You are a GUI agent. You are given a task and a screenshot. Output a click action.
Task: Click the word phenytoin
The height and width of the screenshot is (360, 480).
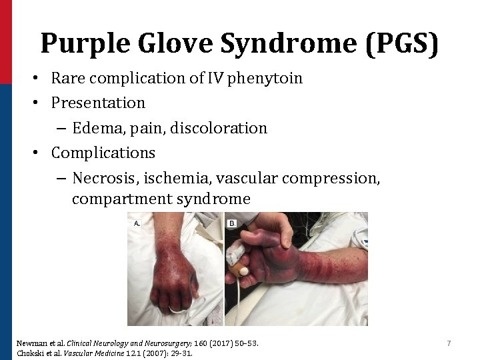[x=265, y=79]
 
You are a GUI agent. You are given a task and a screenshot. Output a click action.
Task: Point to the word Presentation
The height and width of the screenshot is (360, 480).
[x=98, y=103]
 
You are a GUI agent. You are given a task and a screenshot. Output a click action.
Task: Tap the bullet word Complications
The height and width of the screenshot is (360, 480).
[x=103, y=153]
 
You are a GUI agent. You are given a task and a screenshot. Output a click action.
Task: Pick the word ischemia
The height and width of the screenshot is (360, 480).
[x=178, y=178]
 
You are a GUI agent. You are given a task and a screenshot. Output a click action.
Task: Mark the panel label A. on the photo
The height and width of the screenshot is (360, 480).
[x=137, y=224]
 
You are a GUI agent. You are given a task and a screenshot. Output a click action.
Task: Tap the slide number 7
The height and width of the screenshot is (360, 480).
[x=449, y=343]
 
